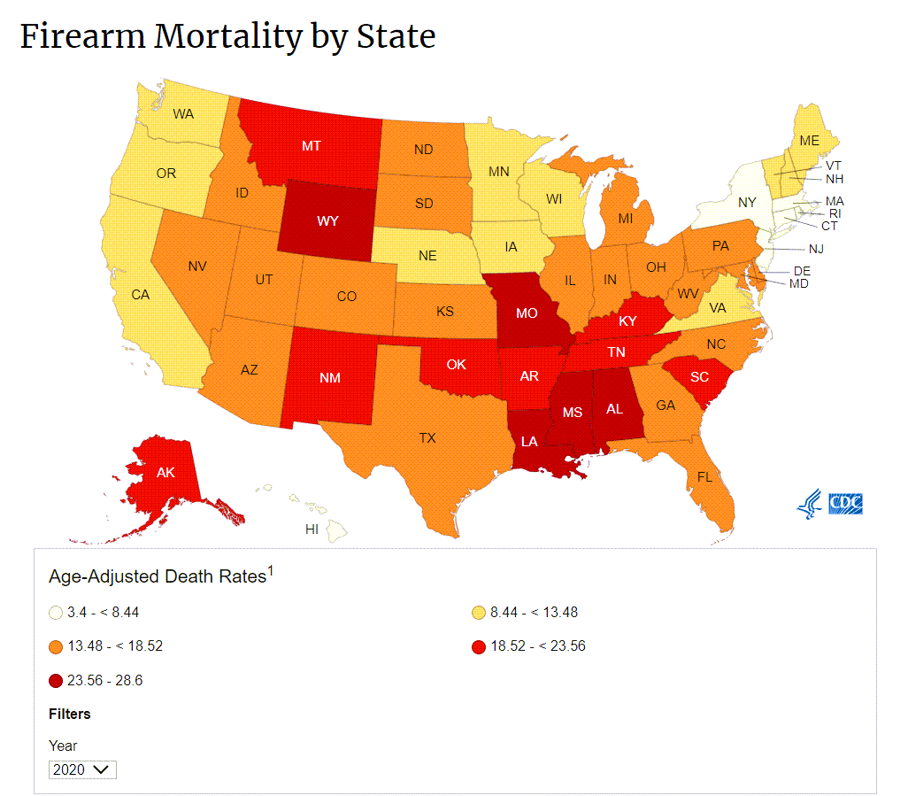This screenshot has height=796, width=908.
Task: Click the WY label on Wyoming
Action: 327,220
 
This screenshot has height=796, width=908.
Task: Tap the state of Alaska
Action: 165,473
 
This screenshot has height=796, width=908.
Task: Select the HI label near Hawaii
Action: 312,529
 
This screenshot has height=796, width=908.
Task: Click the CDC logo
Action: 831,505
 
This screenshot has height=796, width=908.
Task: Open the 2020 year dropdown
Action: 83,769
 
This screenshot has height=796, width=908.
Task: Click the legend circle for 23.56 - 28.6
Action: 56,681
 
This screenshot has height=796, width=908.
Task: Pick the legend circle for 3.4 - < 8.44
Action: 56,613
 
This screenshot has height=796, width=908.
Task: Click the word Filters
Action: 70,714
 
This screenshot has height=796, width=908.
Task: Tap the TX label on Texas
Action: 427,437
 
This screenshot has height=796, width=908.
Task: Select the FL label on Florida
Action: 704,476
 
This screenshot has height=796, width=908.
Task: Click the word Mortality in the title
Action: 228,37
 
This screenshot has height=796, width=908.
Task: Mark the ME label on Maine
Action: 809,141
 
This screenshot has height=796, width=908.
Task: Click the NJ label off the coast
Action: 815,250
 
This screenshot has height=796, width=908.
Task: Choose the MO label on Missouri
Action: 527,313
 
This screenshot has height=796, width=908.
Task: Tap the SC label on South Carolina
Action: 699,376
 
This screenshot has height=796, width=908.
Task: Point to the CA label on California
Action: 140,295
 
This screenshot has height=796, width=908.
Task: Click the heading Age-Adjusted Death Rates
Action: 158,576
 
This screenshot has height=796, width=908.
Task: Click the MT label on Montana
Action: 311,146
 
